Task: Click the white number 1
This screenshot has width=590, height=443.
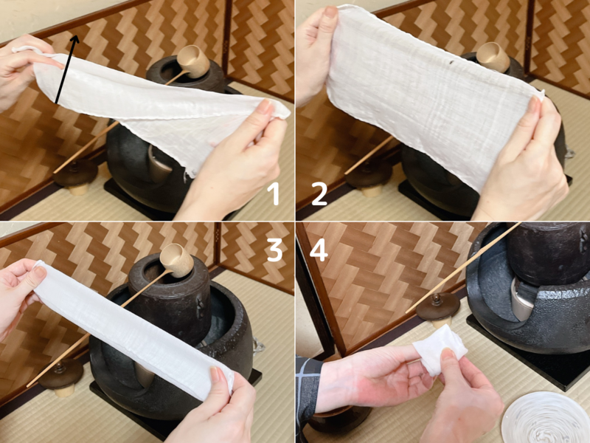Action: coord(274,194)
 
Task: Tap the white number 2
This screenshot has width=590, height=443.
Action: coord(319,194)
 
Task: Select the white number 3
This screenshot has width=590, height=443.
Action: coord(274,250)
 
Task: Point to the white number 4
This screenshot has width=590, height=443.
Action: coord(319,250)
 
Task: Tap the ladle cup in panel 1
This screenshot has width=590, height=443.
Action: coord(193,60)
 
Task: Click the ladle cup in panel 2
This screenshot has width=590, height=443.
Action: coord(493,56)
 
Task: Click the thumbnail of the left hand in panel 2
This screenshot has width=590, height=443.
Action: coord(330,13)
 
